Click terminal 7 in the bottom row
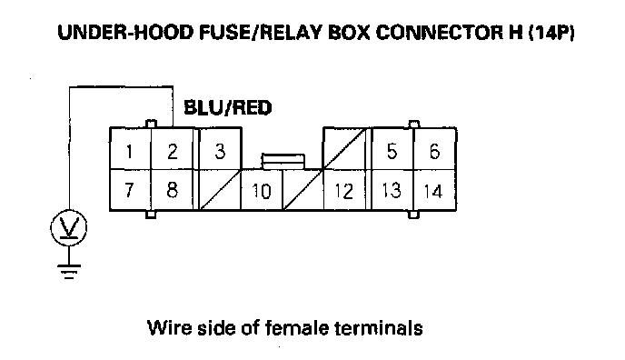click(130, 190)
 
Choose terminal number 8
click(173, 190)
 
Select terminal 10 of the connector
click(262, 191)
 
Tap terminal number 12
click(343, 191)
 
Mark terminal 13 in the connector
click(392, 190)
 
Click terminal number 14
click(434, 191)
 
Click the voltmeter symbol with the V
click(68, 227)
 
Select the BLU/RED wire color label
click(228, 107)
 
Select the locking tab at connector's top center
click(283, 161)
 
